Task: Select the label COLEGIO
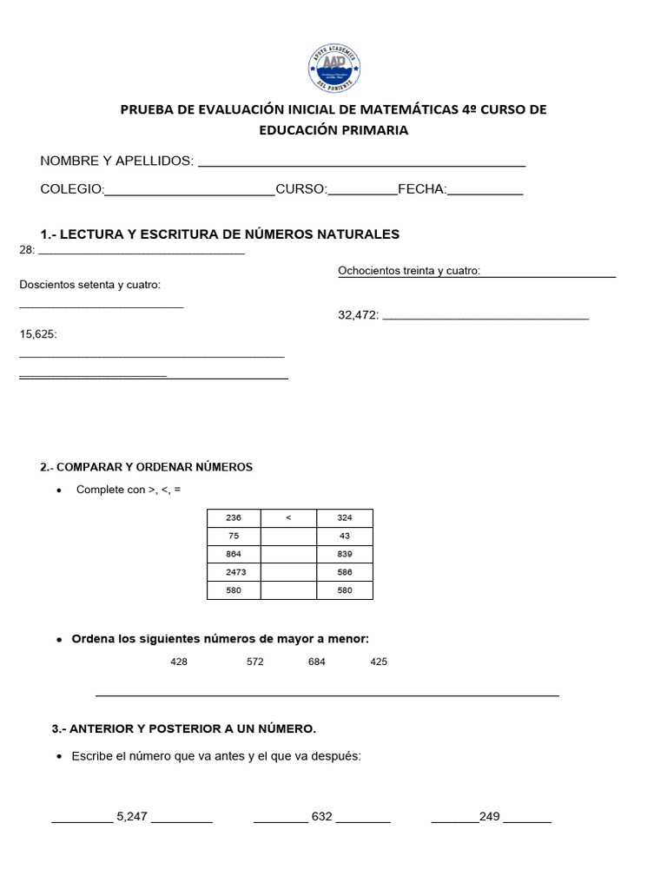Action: pos(72,189)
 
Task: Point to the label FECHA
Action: pos(421,189)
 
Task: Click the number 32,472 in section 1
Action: pos(358,315)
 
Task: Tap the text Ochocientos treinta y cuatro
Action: pos(408,271)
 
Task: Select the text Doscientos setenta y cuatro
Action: pos(90,285)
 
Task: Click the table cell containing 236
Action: pos(234,518)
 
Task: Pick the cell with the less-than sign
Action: pos(288,518)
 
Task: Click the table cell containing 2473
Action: pos(234,573)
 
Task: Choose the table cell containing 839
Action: pos(344,555)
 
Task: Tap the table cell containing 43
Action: pos(344,537)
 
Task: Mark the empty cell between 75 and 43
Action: pos(288,537)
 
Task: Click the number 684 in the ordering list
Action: pos(317,662)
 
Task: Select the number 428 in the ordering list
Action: pos(179,662)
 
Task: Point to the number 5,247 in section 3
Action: pos(132,817)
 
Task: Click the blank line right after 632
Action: pos(363,819)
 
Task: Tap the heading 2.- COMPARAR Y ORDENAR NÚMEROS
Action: pos(146,467)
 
